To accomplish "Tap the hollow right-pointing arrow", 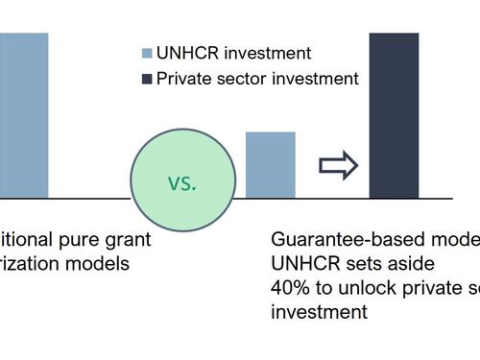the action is click(338, 166).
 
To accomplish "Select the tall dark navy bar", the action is click(394, 115).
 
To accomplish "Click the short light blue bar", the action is click(271, 165).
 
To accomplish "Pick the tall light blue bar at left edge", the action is click(23, 115).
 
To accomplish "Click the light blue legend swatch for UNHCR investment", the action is click(147, 54).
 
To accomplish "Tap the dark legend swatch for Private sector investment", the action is click(147, 79).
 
